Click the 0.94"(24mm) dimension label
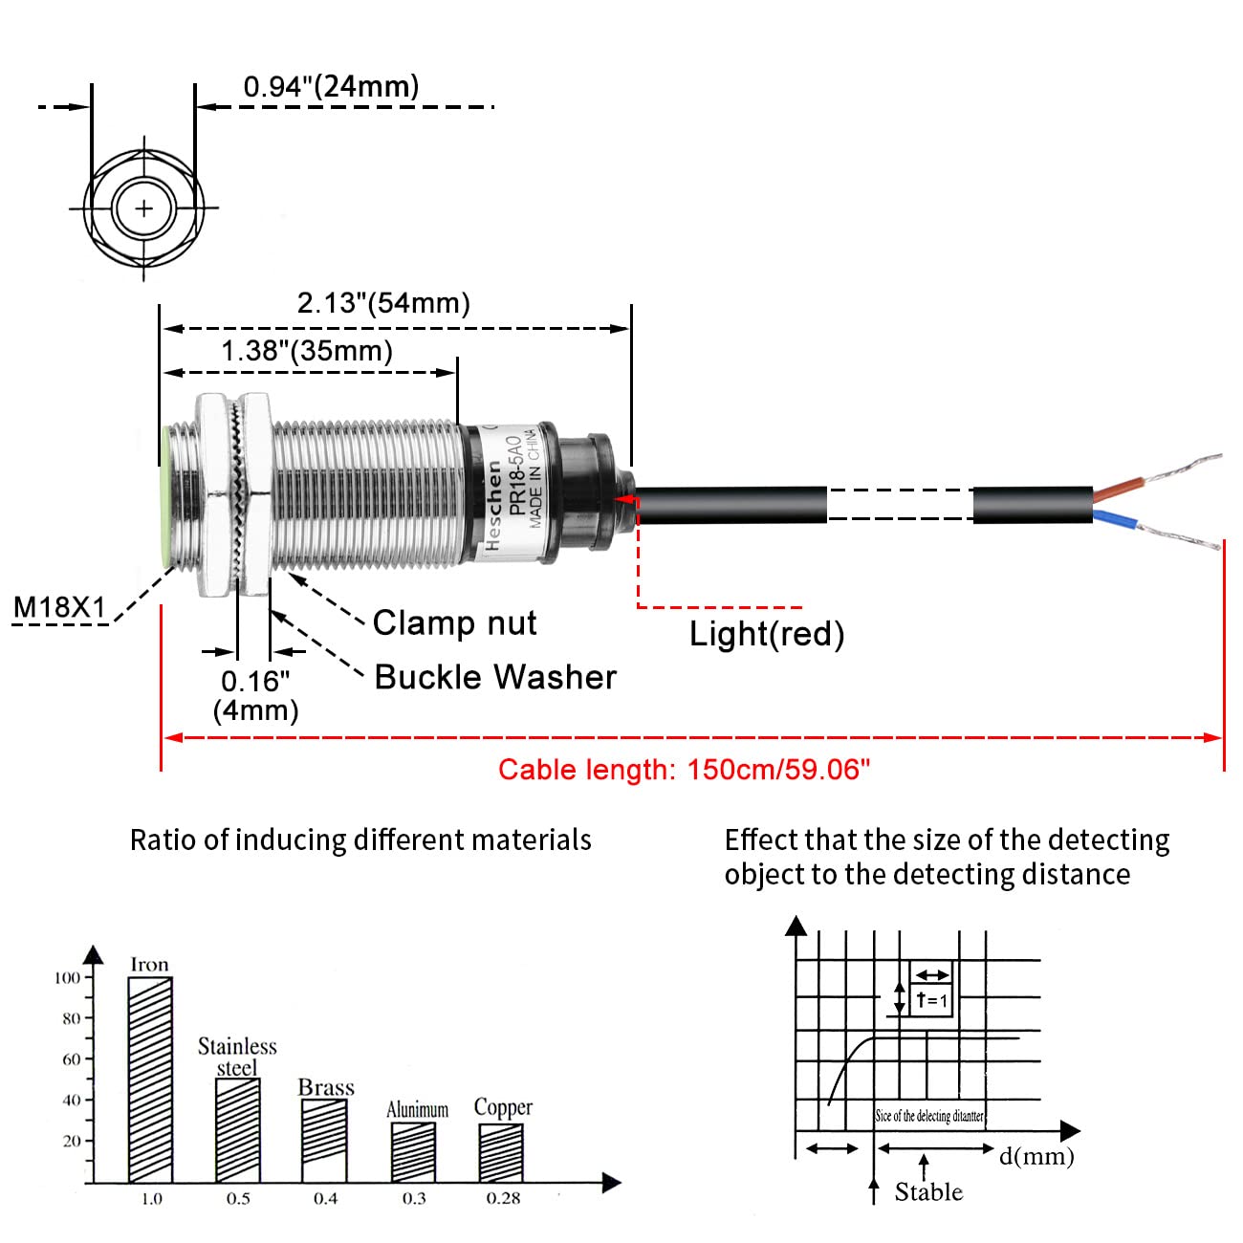[x=331, y=86]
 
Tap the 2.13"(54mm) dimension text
[x=383, y=303]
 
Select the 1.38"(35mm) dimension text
[x=307, y=351]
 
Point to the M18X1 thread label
[x=59, y=607]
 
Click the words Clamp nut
[x=454, y=622]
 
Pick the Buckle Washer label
[x=495, y=677]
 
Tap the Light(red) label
[x=767, y=633]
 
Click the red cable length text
[x=684, y=770]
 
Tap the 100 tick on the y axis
[x=67, y=977]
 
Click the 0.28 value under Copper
[x=503, y=1199]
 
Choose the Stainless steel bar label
[x=237, y=1057]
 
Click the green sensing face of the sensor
[x=165, y=497]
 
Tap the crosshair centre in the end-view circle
[x=143, y=207]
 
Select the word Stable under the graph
[x=928, y=1192]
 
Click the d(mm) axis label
[x=1036, y=1156]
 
